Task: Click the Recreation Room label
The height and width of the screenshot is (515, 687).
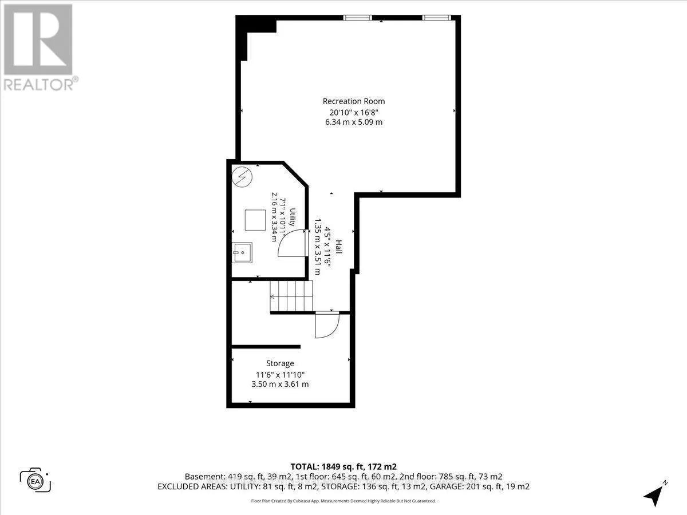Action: point(354,101)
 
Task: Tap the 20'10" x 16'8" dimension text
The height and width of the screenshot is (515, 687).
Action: point(354,112)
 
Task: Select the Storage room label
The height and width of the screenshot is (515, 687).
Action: point(280,363)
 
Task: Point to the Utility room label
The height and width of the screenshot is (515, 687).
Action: point(292,217)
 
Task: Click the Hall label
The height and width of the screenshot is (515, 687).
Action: point(339,247)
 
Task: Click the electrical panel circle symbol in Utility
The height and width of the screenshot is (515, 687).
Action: point(242,177)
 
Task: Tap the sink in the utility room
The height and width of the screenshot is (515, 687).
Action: point(242,252)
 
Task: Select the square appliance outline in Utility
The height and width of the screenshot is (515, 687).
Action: point(255,220)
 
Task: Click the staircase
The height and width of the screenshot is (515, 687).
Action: point(291,296)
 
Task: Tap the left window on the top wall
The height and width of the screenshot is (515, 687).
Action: point(358,18)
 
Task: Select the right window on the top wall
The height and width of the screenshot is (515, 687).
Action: point(437,18)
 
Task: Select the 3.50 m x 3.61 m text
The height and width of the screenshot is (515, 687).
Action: point(280,384)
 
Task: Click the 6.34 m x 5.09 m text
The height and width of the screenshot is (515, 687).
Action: point(354,122)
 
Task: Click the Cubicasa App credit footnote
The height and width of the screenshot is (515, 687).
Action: point(343,501)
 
